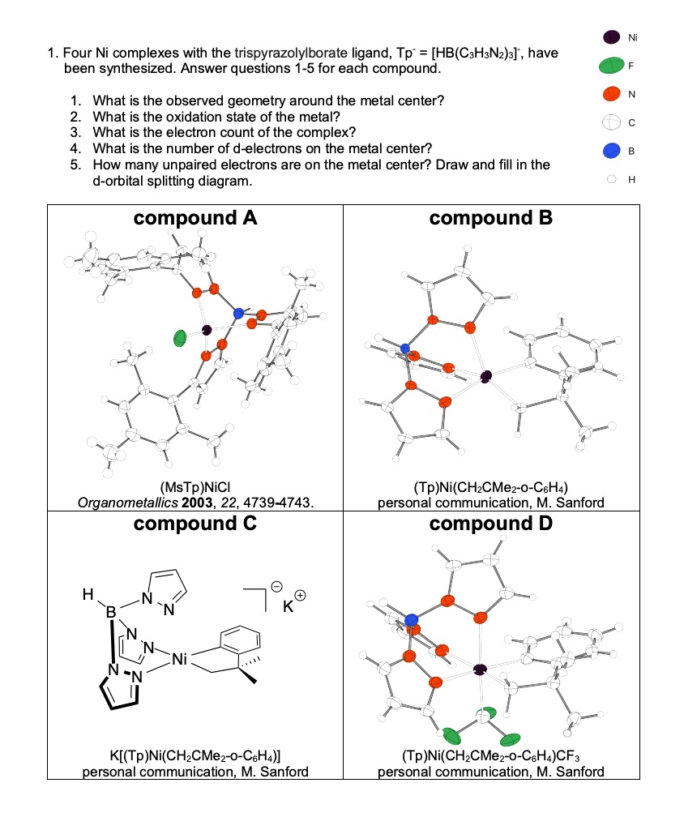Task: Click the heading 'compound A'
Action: tap(195, 218)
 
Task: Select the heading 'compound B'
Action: tap(491, 218)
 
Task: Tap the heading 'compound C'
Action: tap(195, 524)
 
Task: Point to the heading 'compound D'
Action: tap(491, 524)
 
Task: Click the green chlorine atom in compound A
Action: tap(180, 338)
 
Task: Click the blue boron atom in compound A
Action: tap(237, 313)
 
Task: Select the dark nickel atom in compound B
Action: tap(486, 375)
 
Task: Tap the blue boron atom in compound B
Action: tap(405, 349)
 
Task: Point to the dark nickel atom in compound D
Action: tap(481, 669)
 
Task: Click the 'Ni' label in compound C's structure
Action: tap(180, 662)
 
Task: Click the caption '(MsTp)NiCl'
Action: tap(195, 489)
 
